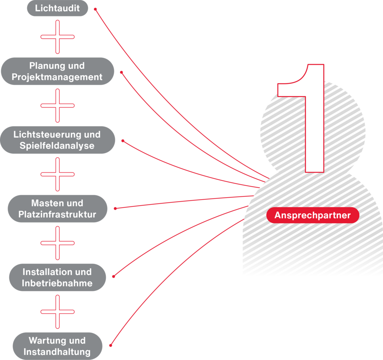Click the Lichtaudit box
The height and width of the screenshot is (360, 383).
57,8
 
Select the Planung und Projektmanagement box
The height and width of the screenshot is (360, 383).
57,71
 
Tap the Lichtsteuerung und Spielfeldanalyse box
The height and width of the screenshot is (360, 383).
57,140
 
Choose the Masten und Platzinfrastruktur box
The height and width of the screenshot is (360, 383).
57,209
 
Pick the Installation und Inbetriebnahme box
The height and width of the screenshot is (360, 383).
57,278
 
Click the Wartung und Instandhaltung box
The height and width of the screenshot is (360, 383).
57,346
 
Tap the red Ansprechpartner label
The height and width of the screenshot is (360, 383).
313,216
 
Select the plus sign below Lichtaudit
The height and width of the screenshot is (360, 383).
58,37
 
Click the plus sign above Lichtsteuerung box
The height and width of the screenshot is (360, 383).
58,106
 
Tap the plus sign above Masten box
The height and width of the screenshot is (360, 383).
58,174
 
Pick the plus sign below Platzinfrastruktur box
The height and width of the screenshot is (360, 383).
58,243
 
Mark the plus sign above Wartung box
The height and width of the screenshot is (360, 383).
58,312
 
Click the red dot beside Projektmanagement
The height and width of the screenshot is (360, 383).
121,72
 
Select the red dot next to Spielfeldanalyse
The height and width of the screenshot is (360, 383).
123,141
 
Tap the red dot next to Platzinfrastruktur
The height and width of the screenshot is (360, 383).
115,208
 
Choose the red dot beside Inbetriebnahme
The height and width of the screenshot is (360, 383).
114,276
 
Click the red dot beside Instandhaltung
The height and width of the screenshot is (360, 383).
110,345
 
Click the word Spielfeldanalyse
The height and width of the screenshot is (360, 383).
57,146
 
